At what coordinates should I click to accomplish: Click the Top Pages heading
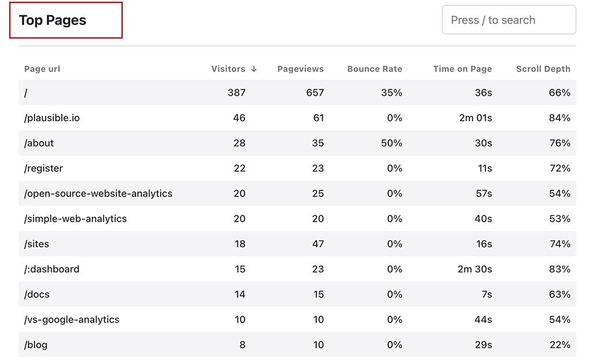tap(52, 20)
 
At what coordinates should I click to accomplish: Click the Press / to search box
tap(508, 20)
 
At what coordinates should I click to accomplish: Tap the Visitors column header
tap(228, 69)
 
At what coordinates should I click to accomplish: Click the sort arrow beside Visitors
tap(254, 69)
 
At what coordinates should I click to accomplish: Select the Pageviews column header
tap(300, 69)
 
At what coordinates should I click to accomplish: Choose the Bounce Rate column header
tap(375, 69)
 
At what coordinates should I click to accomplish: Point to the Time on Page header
tap(462, 69)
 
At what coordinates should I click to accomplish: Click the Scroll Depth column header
tap(543, 69)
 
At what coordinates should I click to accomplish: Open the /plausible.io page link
tap(52, 118)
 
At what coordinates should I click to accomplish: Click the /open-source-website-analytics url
tap(98, 194)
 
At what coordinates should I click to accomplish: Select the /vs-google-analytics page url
tap(72, 320)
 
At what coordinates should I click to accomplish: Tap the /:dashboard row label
tap(52, 269)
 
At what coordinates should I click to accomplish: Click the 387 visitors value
tap(236, 93)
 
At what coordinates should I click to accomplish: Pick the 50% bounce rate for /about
tap(391, 143)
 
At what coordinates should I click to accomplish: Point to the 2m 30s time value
tap(475, 269)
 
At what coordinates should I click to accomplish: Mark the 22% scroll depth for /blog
tap(559, 345)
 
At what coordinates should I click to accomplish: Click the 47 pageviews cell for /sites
tap(317, 244)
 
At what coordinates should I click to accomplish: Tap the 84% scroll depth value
tap(559, 118)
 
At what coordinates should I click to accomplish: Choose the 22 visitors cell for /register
tap(239, 168)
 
